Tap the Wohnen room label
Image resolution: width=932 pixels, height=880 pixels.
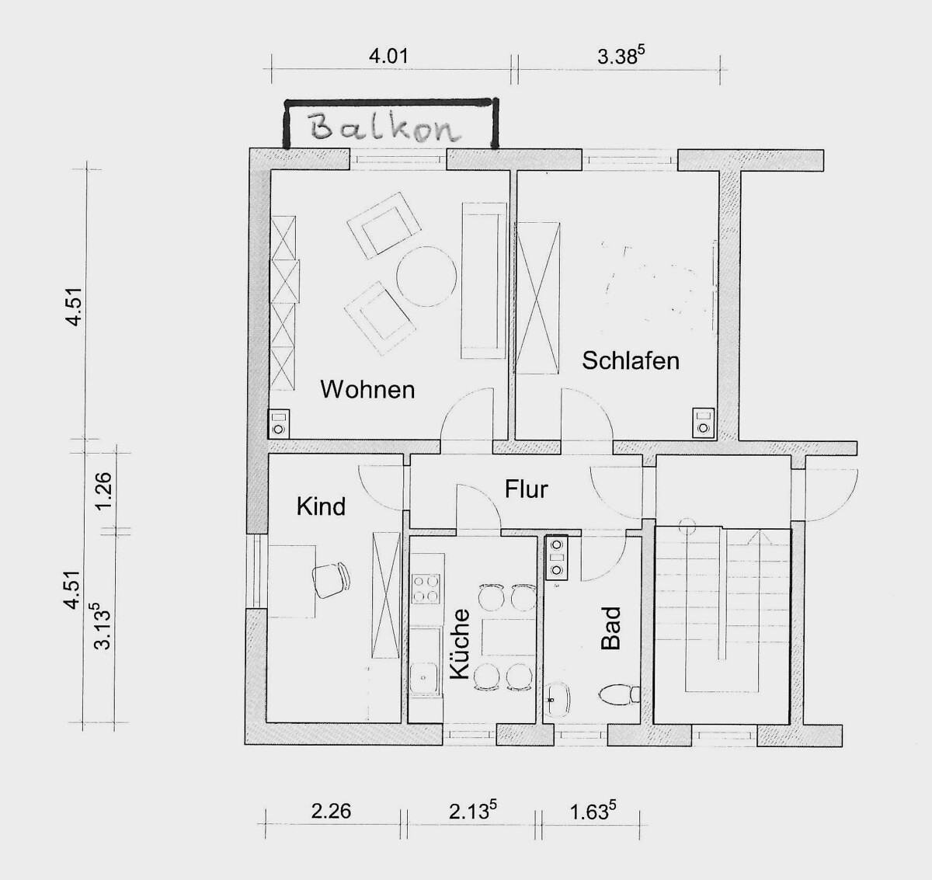(x=367, y=389)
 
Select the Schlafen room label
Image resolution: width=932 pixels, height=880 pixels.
(x=631, y=360)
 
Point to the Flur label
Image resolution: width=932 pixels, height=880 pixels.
(x=526, y=489)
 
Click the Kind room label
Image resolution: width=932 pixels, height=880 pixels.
(x=321, y=506)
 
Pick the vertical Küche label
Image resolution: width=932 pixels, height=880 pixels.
(x=460, y=643)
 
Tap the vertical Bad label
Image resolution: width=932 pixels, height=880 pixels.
(x=611, y=628)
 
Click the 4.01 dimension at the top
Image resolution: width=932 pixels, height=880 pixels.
(x=388, y=57)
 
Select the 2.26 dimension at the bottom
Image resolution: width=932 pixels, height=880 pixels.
(x=331, y=811)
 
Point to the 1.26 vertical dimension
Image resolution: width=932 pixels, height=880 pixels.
(x=103, y=489)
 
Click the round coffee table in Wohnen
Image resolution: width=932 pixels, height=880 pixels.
(x=426, y=277)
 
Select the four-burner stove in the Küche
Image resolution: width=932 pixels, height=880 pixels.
(x=426, y=589)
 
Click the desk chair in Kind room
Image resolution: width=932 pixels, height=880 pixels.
(x=332, y=580)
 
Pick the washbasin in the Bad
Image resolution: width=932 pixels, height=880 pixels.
(x=558, y=700)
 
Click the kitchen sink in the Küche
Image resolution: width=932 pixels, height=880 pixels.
(x=424, y=679)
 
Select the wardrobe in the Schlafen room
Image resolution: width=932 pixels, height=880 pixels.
(x=538, y=298)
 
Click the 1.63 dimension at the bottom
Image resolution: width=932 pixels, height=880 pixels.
(x=593, y=811)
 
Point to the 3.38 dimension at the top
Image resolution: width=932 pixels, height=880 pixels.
(x=621, y=57)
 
